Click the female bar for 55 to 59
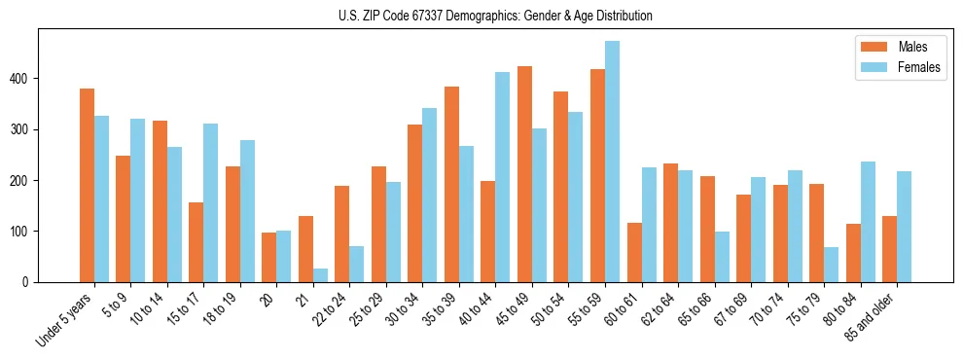point(612,162)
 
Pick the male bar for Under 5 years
point(87,185)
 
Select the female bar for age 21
point(320,275)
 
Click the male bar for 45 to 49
point(524,174)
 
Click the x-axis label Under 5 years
point(65,320)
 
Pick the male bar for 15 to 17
point(196,242)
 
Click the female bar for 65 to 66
point(722,257)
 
